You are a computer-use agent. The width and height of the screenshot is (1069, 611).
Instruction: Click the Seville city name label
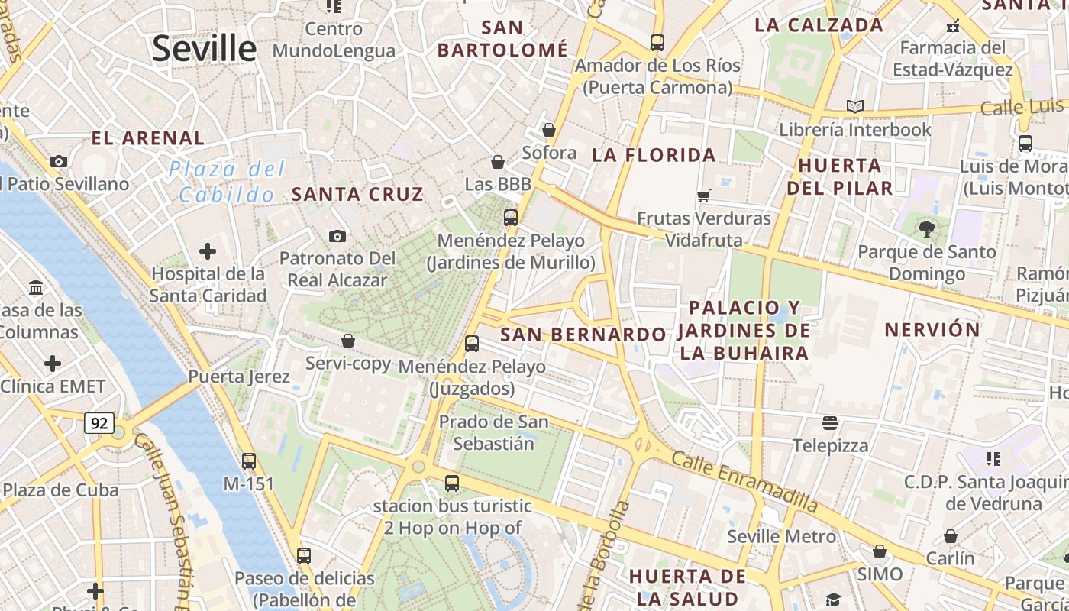point(204,48)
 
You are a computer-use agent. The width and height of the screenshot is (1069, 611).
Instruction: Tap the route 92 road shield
point(100,423)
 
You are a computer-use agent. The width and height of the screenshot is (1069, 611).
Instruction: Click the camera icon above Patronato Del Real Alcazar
point(337,237)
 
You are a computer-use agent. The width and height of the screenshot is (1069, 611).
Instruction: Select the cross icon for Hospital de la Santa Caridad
point(207,251)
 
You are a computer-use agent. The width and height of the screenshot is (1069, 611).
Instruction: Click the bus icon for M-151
point(249,461)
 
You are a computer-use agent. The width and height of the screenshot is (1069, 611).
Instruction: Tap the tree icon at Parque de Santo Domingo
point(927,228)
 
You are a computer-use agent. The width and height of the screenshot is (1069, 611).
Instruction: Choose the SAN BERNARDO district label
point(583,335)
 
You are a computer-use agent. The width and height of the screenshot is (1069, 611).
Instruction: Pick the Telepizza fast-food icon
point(830,423)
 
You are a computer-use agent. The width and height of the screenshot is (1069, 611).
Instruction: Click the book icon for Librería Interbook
point(855,106)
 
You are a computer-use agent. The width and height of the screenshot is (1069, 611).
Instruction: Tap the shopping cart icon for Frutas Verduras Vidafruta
point(704,196)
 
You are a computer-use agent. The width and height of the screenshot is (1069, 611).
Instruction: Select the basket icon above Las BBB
point(498,162)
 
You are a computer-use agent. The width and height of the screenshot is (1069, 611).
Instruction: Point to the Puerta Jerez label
point(239,377)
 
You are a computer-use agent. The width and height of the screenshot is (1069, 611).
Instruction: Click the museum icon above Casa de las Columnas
point(36,288)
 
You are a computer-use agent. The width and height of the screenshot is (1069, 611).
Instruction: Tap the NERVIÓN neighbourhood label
point(932,330)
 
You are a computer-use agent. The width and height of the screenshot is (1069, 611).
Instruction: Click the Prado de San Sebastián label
point(493,432)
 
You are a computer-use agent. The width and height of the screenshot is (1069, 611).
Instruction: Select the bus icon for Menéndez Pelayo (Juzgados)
point(472,344)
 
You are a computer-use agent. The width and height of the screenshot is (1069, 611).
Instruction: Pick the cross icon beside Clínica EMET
point(53,364)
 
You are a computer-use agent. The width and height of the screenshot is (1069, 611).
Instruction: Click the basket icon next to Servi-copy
point(348,341)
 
